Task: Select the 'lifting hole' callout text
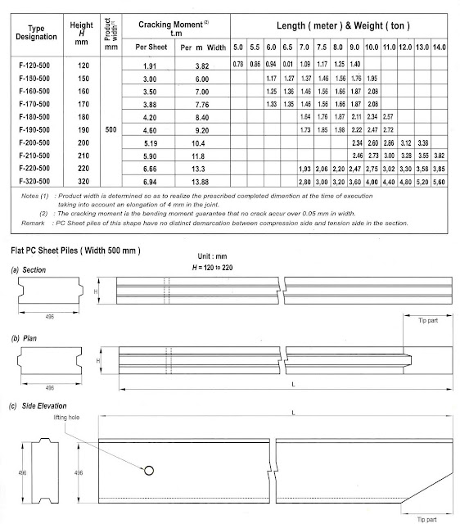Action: point(118,418)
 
